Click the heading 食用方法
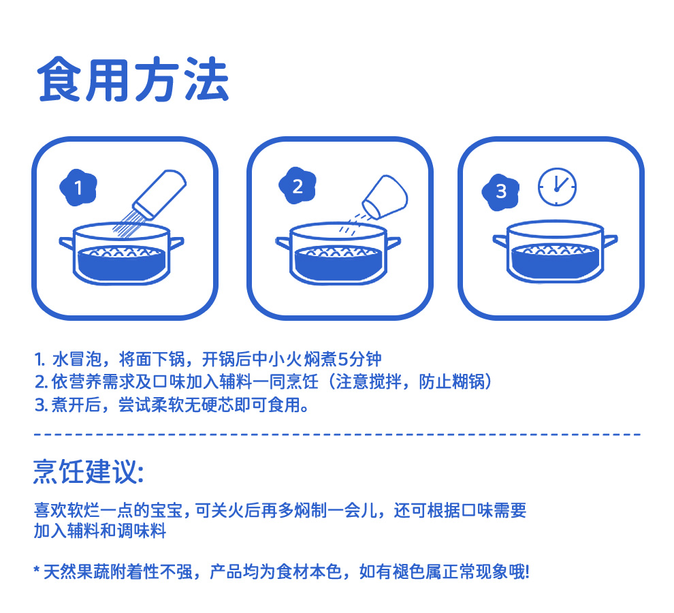(x=133, y=80)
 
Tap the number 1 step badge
(x=78, y=187)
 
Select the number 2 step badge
(x=298, y=186)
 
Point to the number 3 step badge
(x=501, y=192)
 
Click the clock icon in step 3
(x=557, y=187)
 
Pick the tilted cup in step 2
(x=385, y=197)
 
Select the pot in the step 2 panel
(x=338, y=254)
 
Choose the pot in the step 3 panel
(x=556, y=252)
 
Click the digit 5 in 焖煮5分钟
(x=343, y=359)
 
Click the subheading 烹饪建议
(x=89, y=472)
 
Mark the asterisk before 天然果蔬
(x=37, y=570)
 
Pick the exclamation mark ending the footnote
(x=527, y=572)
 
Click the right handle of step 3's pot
(x=611, y=241)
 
